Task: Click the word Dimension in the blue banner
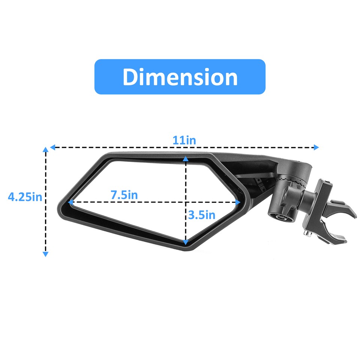pos(180,77)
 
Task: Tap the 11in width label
pos(184,140)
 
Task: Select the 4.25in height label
pos(25,197)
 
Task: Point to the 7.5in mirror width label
pos(124,195)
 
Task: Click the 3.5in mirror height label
pos(202,215)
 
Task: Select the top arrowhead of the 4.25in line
pos(46,150)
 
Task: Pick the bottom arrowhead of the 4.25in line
pos(46,254)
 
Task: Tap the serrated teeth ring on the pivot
pos(292,182)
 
